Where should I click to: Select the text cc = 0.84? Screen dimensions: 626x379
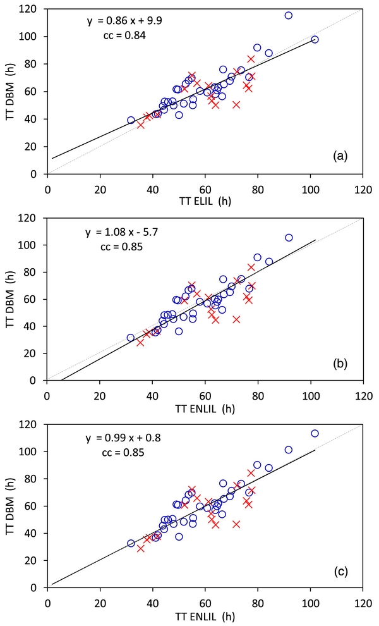click(x=124, y=35)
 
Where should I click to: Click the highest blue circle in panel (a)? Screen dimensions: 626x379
click(x=289, y=15)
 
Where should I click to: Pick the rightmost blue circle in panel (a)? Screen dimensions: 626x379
click(x=315, y=39)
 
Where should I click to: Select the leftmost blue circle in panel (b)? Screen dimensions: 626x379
click(x=130, y=338)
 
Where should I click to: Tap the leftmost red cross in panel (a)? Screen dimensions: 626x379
click(x=141, y=125)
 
